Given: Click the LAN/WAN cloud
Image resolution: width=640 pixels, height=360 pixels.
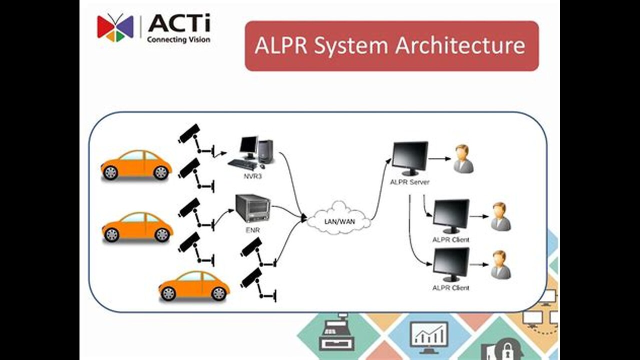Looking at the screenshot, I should click(x=339, y=218).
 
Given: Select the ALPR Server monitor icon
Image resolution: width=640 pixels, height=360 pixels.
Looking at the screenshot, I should click(x=410, y=157).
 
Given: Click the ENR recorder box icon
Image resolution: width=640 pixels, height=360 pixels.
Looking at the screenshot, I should click(x=253, y=208).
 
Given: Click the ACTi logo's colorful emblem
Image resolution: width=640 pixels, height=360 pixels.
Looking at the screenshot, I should click(x=115, y=27).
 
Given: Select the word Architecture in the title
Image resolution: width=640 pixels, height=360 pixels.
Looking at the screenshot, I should click(x=460, y=45).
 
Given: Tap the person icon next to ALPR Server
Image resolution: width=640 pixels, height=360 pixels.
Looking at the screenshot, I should click(x=463, y=159).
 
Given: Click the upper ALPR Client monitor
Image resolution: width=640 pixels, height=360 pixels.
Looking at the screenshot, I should click(x=451, y=215).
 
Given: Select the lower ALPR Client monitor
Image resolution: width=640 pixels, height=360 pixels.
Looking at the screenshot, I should click(x=451, y=263).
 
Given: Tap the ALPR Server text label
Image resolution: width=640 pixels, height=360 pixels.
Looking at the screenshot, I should click(x=409, y=182).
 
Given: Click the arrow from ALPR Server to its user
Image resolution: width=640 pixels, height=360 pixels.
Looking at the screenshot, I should click(x=439, y=159).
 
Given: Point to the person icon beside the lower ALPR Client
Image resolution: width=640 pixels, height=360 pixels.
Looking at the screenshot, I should click(x=500, y=264).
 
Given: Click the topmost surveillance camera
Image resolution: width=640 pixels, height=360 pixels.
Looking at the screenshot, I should click(x=190, y=133).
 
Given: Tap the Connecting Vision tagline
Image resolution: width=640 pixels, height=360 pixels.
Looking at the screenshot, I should click(x=178, y=39).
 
